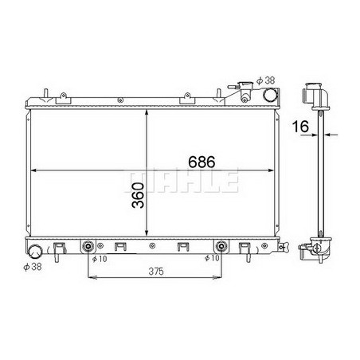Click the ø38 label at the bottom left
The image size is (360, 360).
click(x=33, y=268)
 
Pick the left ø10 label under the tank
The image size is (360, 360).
click(x=100, y=259)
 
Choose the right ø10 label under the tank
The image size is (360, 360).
click(x=211, y=259)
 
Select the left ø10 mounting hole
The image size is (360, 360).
click(x=88, y=245)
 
